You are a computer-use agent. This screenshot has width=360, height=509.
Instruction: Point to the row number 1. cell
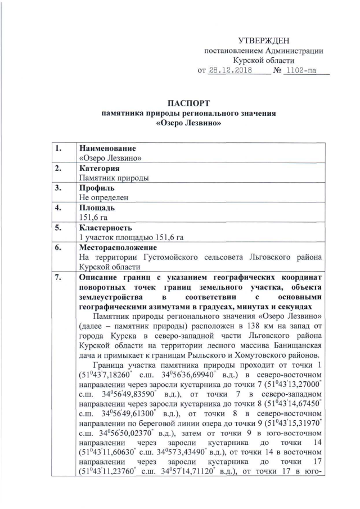point(57,148)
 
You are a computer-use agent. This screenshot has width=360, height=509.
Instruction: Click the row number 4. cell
point(57,208)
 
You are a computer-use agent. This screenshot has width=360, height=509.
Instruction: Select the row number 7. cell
point(57,277)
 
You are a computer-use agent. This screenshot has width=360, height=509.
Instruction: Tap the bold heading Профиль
point(97,188)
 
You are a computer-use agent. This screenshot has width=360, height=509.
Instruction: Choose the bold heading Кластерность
point(106,228)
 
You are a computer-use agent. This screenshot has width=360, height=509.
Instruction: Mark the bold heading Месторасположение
point(118,247)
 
